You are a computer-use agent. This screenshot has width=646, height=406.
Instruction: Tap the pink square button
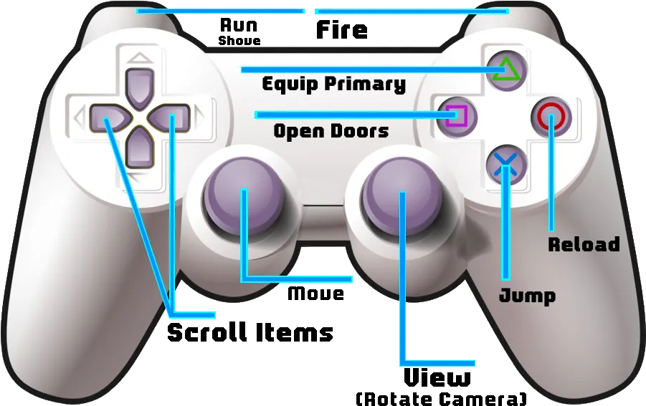click(457, 117)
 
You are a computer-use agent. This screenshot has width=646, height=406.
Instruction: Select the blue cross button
click(506, 165)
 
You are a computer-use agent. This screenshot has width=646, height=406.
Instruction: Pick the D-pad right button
click(169, 118)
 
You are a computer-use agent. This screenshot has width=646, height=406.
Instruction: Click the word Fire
click(341, 30)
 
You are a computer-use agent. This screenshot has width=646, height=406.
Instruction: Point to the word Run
click(239, 25)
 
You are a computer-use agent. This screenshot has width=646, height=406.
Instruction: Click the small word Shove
click(239, 40)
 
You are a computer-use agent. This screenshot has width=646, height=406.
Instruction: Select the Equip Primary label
click(333, 84)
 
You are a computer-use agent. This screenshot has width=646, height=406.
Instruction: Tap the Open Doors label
click(331, 131)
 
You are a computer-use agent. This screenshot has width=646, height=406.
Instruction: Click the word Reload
click(584, 244)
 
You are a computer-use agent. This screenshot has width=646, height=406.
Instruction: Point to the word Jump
click(528, 296)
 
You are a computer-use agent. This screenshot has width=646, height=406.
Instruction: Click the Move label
click(315, 294)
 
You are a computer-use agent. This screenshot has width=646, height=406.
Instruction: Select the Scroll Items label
click(250, 332)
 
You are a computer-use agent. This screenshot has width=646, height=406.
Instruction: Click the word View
click(437, 377)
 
